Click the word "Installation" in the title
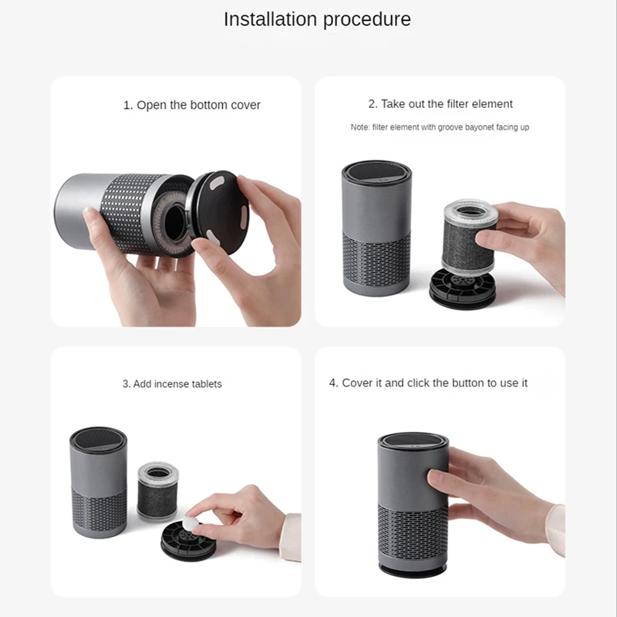click(271, 19)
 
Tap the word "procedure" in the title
click(367, 20)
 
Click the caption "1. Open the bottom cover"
click(191, 105)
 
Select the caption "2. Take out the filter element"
click(440, 104)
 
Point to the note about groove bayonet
click(440, 127)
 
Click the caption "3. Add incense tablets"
click(172, 383)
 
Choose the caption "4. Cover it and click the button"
click(428, 383)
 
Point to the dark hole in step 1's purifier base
click(173, 222)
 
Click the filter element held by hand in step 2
click(470, 237)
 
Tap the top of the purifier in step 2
click(376, 172)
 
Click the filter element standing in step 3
click(158, 491)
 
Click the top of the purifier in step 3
click(99, 439)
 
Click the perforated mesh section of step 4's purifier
click(413, 531)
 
